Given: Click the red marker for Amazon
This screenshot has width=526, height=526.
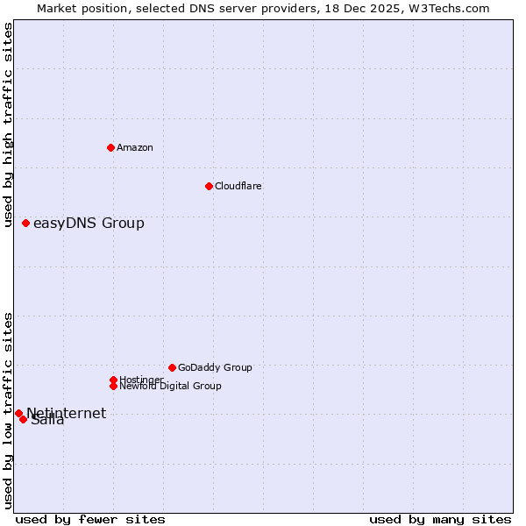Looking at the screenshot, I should [x=110, y=147].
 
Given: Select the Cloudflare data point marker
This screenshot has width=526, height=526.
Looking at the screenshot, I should [x=209, y=186].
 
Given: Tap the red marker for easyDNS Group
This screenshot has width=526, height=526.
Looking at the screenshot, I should [x=25, y=223].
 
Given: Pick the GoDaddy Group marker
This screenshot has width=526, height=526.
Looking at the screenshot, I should [x=172, y=367].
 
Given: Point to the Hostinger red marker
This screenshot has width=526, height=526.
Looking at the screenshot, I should [x=113, y=380].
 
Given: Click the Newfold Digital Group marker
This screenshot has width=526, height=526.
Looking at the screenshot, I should [x=113, y=386].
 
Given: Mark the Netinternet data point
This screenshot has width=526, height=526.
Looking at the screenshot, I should [x=18, y=413].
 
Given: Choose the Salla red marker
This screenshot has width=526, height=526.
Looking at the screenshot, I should [x=23, y=419].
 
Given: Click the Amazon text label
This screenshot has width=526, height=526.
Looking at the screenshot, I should [x=135, y=147].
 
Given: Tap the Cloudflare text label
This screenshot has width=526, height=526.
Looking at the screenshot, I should [x=238, y=186].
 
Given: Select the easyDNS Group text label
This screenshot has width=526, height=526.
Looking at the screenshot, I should [x=89, y=223].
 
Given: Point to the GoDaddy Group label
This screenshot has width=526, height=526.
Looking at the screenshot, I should [x=215, y=367].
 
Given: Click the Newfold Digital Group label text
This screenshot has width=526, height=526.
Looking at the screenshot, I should [x=170, y=386].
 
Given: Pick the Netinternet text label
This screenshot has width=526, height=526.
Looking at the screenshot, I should [x=67, y=413].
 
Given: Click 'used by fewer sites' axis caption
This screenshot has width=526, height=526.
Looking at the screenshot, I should [x=90, y=519].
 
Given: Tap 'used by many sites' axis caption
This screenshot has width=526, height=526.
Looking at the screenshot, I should [x=440, y=519].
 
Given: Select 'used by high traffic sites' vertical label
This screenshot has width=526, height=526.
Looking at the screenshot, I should [x=8, y=124].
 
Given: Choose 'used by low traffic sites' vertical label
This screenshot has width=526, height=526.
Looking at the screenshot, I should [x=8, y=409].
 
